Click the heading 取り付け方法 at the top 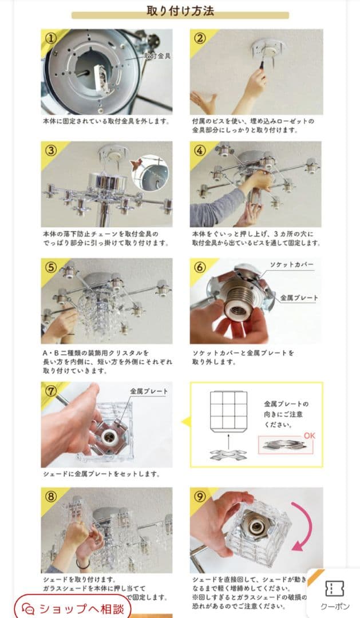point(180,11)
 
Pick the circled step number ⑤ point(52,267)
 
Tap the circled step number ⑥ point(200,267)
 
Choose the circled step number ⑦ point(52,390)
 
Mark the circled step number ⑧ point(52,496)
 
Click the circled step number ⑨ point(200,496)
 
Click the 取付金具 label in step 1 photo point(157,56)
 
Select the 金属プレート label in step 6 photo point(299,298)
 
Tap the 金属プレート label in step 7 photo point(149,391)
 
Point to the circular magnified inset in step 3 point(150,172)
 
